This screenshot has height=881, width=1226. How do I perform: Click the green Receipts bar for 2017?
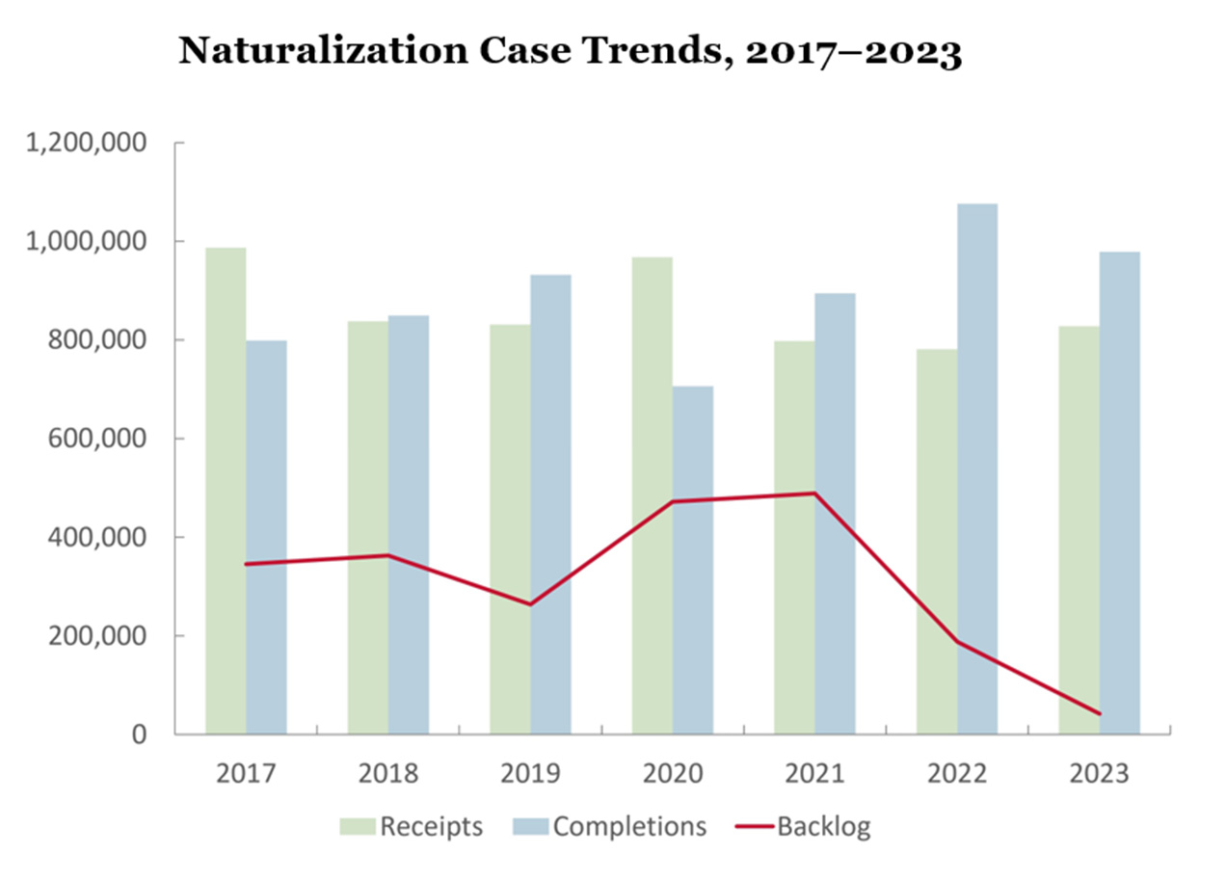pyautogui.click(x=226, y=491)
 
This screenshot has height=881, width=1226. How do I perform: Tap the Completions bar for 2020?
pyautogui.click(x=693, y=560)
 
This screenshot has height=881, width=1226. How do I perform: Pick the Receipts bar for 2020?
pyautogui.click(x=653, y=495)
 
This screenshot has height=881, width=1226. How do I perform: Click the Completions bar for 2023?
pyautogui.click(x=1119, y=493)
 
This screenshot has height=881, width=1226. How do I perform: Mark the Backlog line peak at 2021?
pyautogui.click(x=814, y=494)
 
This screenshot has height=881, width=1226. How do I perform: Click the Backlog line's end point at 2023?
pyautogui.click(x=1099, y=713)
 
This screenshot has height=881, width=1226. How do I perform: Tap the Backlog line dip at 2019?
pyautogui.click(x=530, y=604)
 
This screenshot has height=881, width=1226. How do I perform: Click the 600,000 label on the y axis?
pyautogui.click(x=100, y=439)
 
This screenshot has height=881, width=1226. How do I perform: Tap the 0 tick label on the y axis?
pyautogui.click(x=139, y=734)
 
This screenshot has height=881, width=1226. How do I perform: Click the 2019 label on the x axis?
pyautogui.click(x=530, y=773)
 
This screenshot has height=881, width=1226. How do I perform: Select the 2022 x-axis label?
pyautogui.click(x=957, y=773)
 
